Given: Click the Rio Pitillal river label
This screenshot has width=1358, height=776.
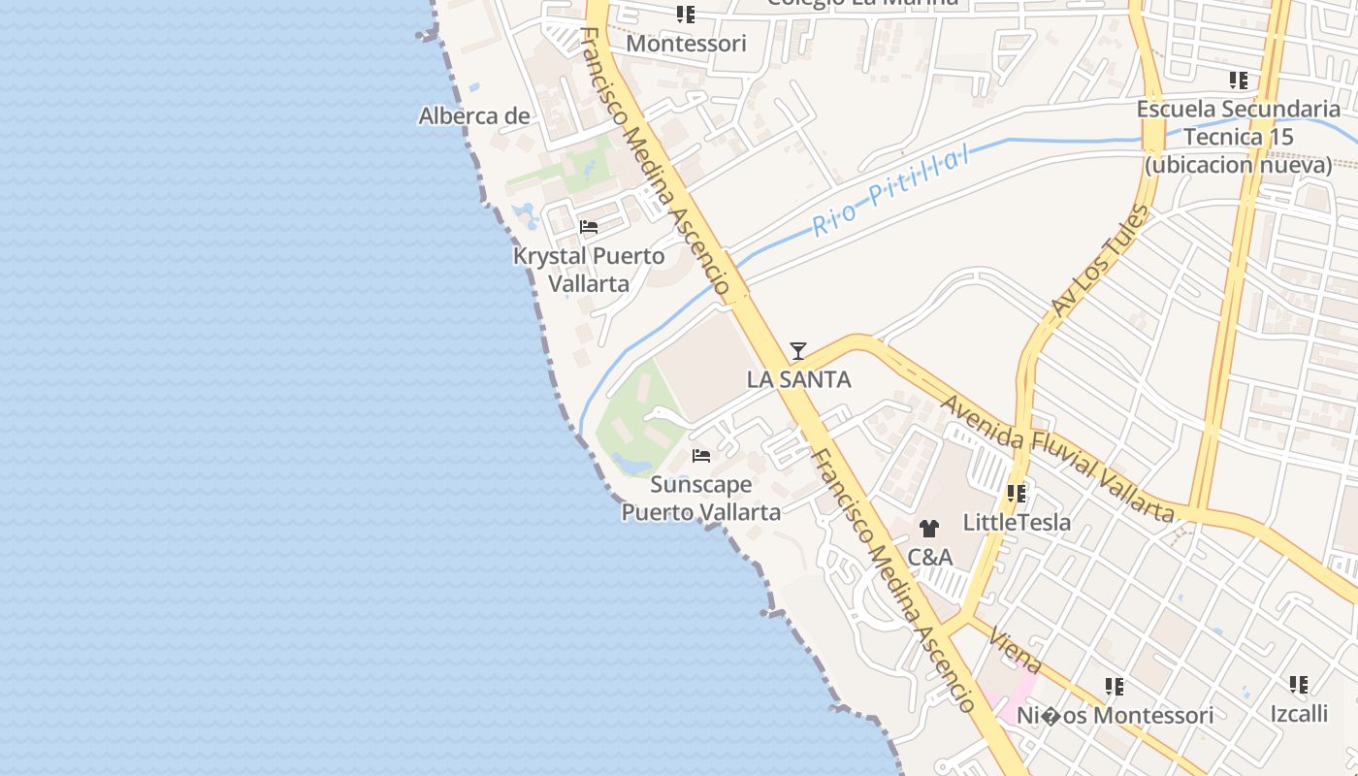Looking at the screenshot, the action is tap(890, 192).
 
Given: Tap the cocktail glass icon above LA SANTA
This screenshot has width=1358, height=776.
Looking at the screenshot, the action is tap(798, 351).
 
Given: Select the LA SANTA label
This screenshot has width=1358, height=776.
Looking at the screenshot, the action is tap(799, 379).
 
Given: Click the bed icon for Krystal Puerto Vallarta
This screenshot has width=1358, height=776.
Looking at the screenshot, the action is tap(589, 228).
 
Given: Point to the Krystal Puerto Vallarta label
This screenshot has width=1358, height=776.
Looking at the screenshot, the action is tap(589, 270).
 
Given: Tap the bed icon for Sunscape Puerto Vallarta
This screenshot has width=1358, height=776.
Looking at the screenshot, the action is tap(701, 455).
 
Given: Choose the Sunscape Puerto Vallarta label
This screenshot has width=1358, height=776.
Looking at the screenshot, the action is tap(701, 498).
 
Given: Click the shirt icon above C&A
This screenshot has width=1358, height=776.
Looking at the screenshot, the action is tap(929, 529).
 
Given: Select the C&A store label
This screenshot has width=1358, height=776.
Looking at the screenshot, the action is tap(929, 558).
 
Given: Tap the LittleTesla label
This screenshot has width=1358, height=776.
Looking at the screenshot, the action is tap(1017, 523).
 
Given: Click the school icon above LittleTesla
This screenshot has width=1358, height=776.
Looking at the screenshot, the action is tap(1017, 494).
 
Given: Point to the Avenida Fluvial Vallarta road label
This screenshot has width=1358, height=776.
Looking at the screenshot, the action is tap(1057, 458).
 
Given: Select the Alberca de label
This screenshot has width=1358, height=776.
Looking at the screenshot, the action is tap(474, 116).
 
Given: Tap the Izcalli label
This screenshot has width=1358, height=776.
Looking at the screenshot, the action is tap(1299, 714).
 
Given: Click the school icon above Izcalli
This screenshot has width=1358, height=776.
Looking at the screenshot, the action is tap(1299, 685).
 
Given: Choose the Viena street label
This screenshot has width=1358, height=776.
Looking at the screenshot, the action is tap(1017, 650).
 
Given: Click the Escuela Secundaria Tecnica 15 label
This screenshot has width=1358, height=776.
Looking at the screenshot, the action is tap(1239, 137).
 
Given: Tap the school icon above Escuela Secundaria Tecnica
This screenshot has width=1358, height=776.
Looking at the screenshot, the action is tap(1239, 80).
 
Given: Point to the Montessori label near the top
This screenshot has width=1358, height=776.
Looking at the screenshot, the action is tap(686, 44).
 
